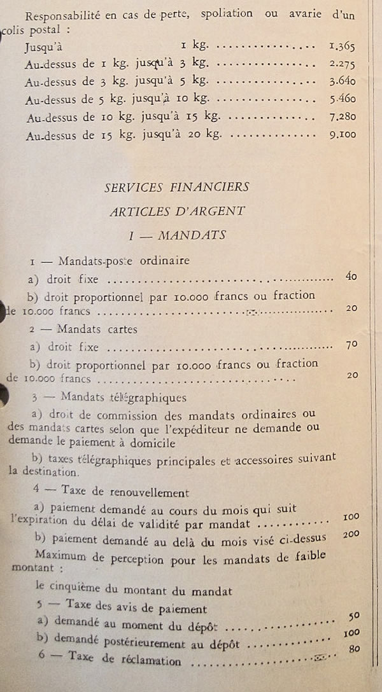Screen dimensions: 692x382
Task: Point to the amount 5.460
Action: click(343, 99)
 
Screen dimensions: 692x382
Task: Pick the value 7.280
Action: click(343, 117)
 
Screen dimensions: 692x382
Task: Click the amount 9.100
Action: click(343, 135)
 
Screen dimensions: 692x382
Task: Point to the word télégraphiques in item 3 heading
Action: click(153, 398)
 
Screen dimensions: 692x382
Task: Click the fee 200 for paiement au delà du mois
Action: click(351, 534)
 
